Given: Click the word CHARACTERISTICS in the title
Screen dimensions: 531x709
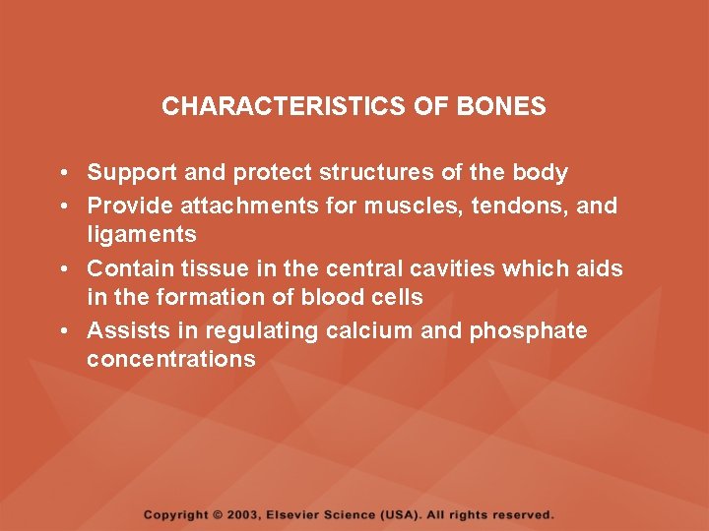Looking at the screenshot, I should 284,106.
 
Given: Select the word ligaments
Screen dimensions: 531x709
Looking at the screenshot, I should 142,235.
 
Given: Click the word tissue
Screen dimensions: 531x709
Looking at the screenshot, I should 226,268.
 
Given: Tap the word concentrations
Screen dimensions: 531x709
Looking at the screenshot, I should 171,359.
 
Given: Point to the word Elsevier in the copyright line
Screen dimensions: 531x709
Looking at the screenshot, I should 302,514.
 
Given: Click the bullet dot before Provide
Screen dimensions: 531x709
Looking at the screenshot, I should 62,206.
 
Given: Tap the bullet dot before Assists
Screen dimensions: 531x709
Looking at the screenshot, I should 62,330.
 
